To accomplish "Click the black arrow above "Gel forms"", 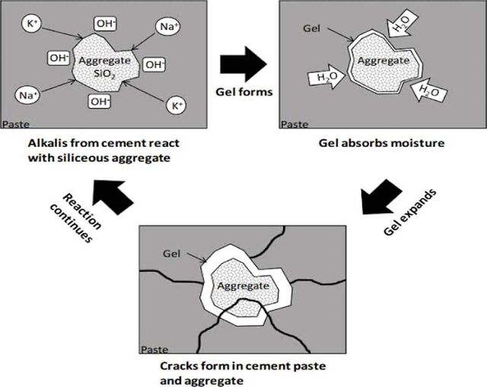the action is (x=243, y=64).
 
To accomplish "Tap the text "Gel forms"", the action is (x=244, y=92).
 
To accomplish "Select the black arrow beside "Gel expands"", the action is (x=382, y=197).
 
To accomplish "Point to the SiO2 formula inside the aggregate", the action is (x=105, y=74).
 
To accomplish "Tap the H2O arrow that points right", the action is (x=326, y=76).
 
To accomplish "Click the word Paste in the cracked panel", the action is (x=154, y=350).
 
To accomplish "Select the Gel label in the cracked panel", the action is (x=171, y=254).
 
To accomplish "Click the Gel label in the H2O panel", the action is (x=311, y=29).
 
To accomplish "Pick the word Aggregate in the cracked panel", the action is (x=243, y=286).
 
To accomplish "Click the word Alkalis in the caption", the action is (x=47, y=143).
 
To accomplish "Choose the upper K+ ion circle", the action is (x=31, y=24).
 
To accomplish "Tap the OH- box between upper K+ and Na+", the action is (x=106, y=24).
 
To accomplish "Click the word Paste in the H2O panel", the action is (x=294, y=124).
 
